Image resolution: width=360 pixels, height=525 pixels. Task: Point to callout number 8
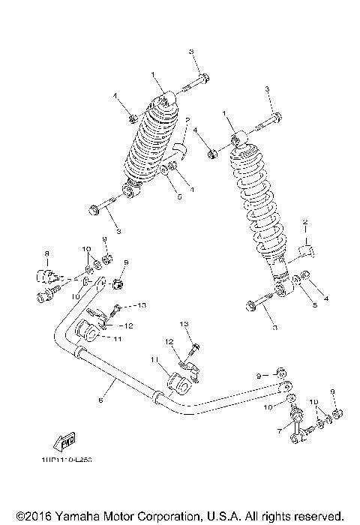tap(46, 253)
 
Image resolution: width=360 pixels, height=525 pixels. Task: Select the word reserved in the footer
tap(319, 516)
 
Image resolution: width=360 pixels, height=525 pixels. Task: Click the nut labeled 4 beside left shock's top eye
tap(132, 116)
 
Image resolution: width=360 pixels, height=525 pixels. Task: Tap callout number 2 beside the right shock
tap(306, 223)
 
